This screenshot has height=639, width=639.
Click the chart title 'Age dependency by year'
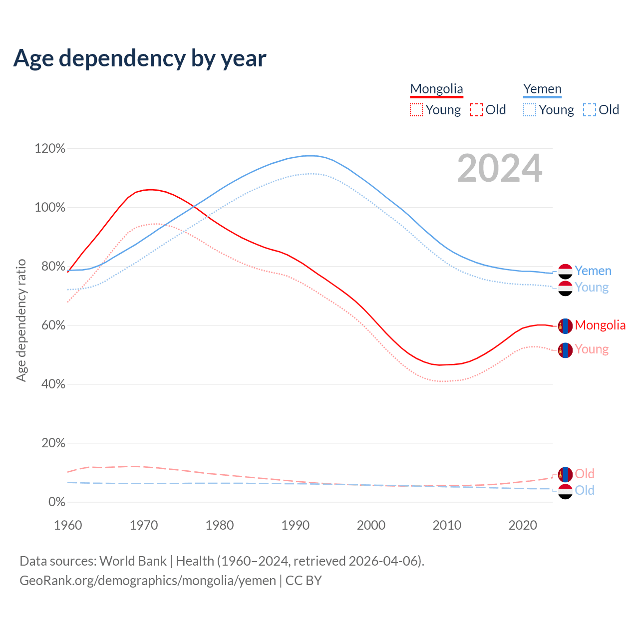pos(140,58)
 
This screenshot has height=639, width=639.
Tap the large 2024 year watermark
pos(499,169)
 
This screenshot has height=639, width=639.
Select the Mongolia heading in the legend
pos(436,89)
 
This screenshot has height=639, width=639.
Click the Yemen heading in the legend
pos(542,89)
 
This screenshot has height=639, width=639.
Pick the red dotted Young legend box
pos(416,110)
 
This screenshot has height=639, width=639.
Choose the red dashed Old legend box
pos(476,110)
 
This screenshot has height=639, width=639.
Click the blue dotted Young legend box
pos(530,110)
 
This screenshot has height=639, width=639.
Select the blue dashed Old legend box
pos(590,110)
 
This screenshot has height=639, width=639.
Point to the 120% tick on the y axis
pos(50,149)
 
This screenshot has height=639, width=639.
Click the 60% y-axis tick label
pos(50,325)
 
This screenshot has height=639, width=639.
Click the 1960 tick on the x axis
pos(68,525)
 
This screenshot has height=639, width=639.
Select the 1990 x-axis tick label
pos(296,525)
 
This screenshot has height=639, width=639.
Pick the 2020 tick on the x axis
pos(523,525)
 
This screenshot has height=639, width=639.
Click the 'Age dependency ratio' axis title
pos(21,320)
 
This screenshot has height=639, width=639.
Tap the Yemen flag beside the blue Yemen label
pos(565,271)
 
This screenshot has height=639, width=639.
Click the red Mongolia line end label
pos(600,325)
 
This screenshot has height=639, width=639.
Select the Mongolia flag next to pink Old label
pos(565,474)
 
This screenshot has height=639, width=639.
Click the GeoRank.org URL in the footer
pos(148,581)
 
